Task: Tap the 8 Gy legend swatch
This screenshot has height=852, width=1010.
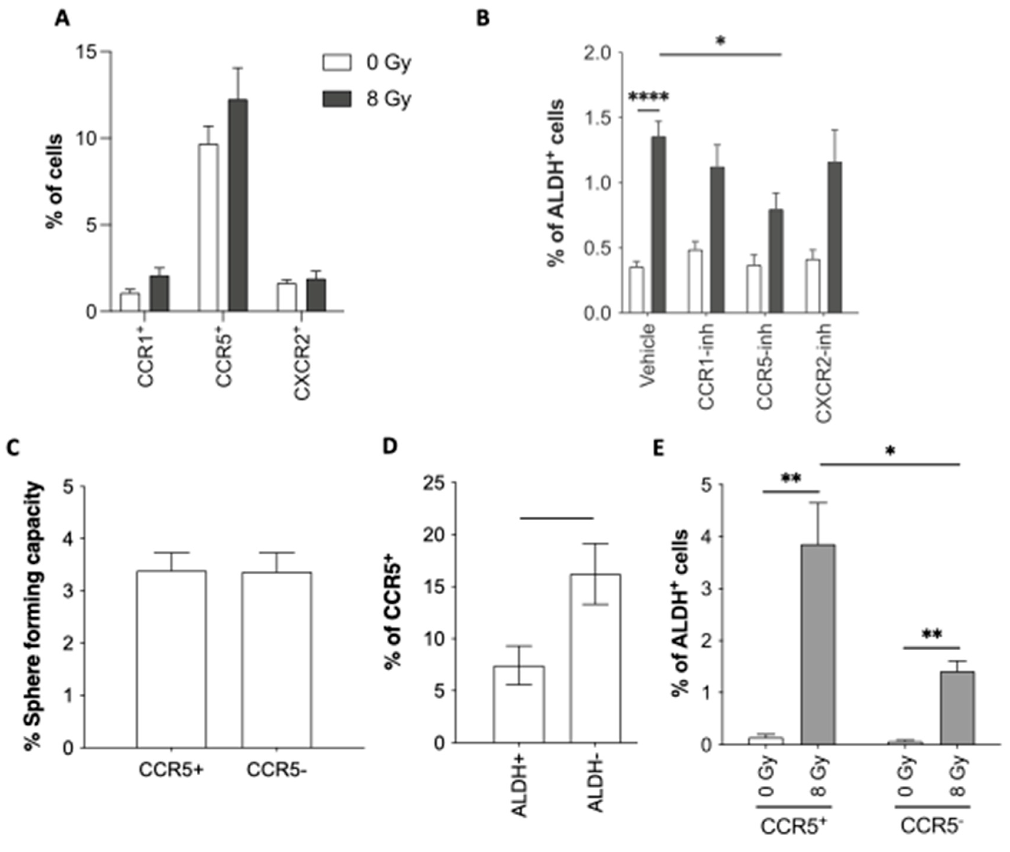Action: pos(336,99)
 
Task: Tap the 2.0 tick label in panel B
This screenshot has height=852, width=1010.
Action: pos(597,53)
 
